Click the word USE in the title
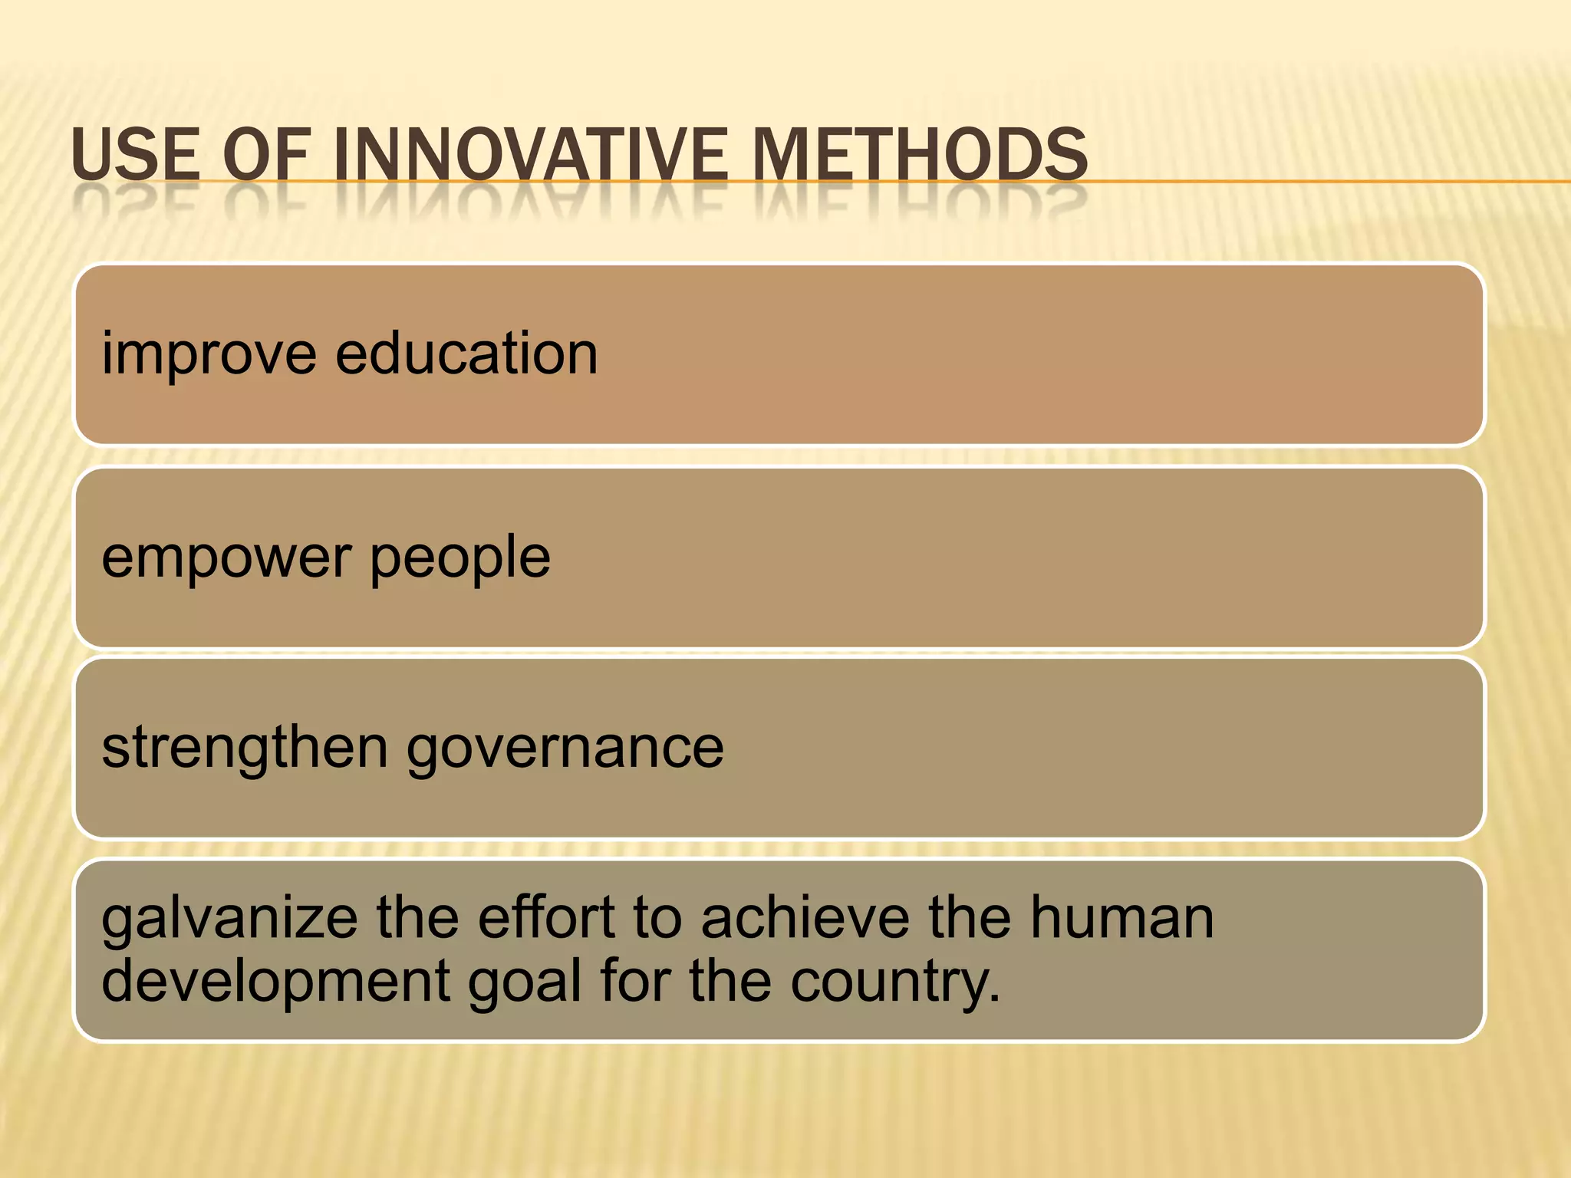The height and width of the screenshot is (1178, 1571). [134, 155]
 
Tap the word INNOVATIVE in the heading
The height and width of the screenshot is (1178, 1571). [529, 155]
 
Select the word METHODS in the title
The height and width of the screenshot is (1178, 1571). [919, 155]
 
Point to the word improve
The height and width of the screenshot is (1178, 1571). [209, 354]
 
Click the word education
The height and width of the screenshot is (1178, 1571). [466, 354]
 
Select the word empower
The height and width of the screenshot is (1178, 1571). [226, 558]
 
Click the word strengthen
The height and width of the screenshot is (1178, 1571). [245, 748]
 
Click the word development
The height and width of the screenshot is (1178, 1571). [275, 982]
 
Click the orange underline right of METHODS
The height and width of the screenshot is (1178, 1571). [1327, 182]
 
